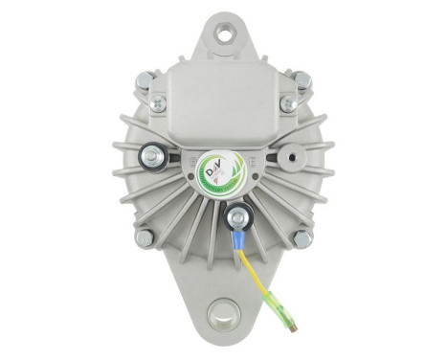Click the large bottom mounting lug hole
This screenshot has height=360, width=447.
(x=223, y=313)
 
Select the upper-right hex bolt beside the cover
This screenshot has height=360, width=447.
(x=302, y=81)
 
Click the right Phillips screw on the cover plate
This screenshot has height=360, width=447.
(x=286, y=102)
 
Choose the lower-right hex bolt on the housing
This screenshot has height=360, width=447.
(x=302, y=236)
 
